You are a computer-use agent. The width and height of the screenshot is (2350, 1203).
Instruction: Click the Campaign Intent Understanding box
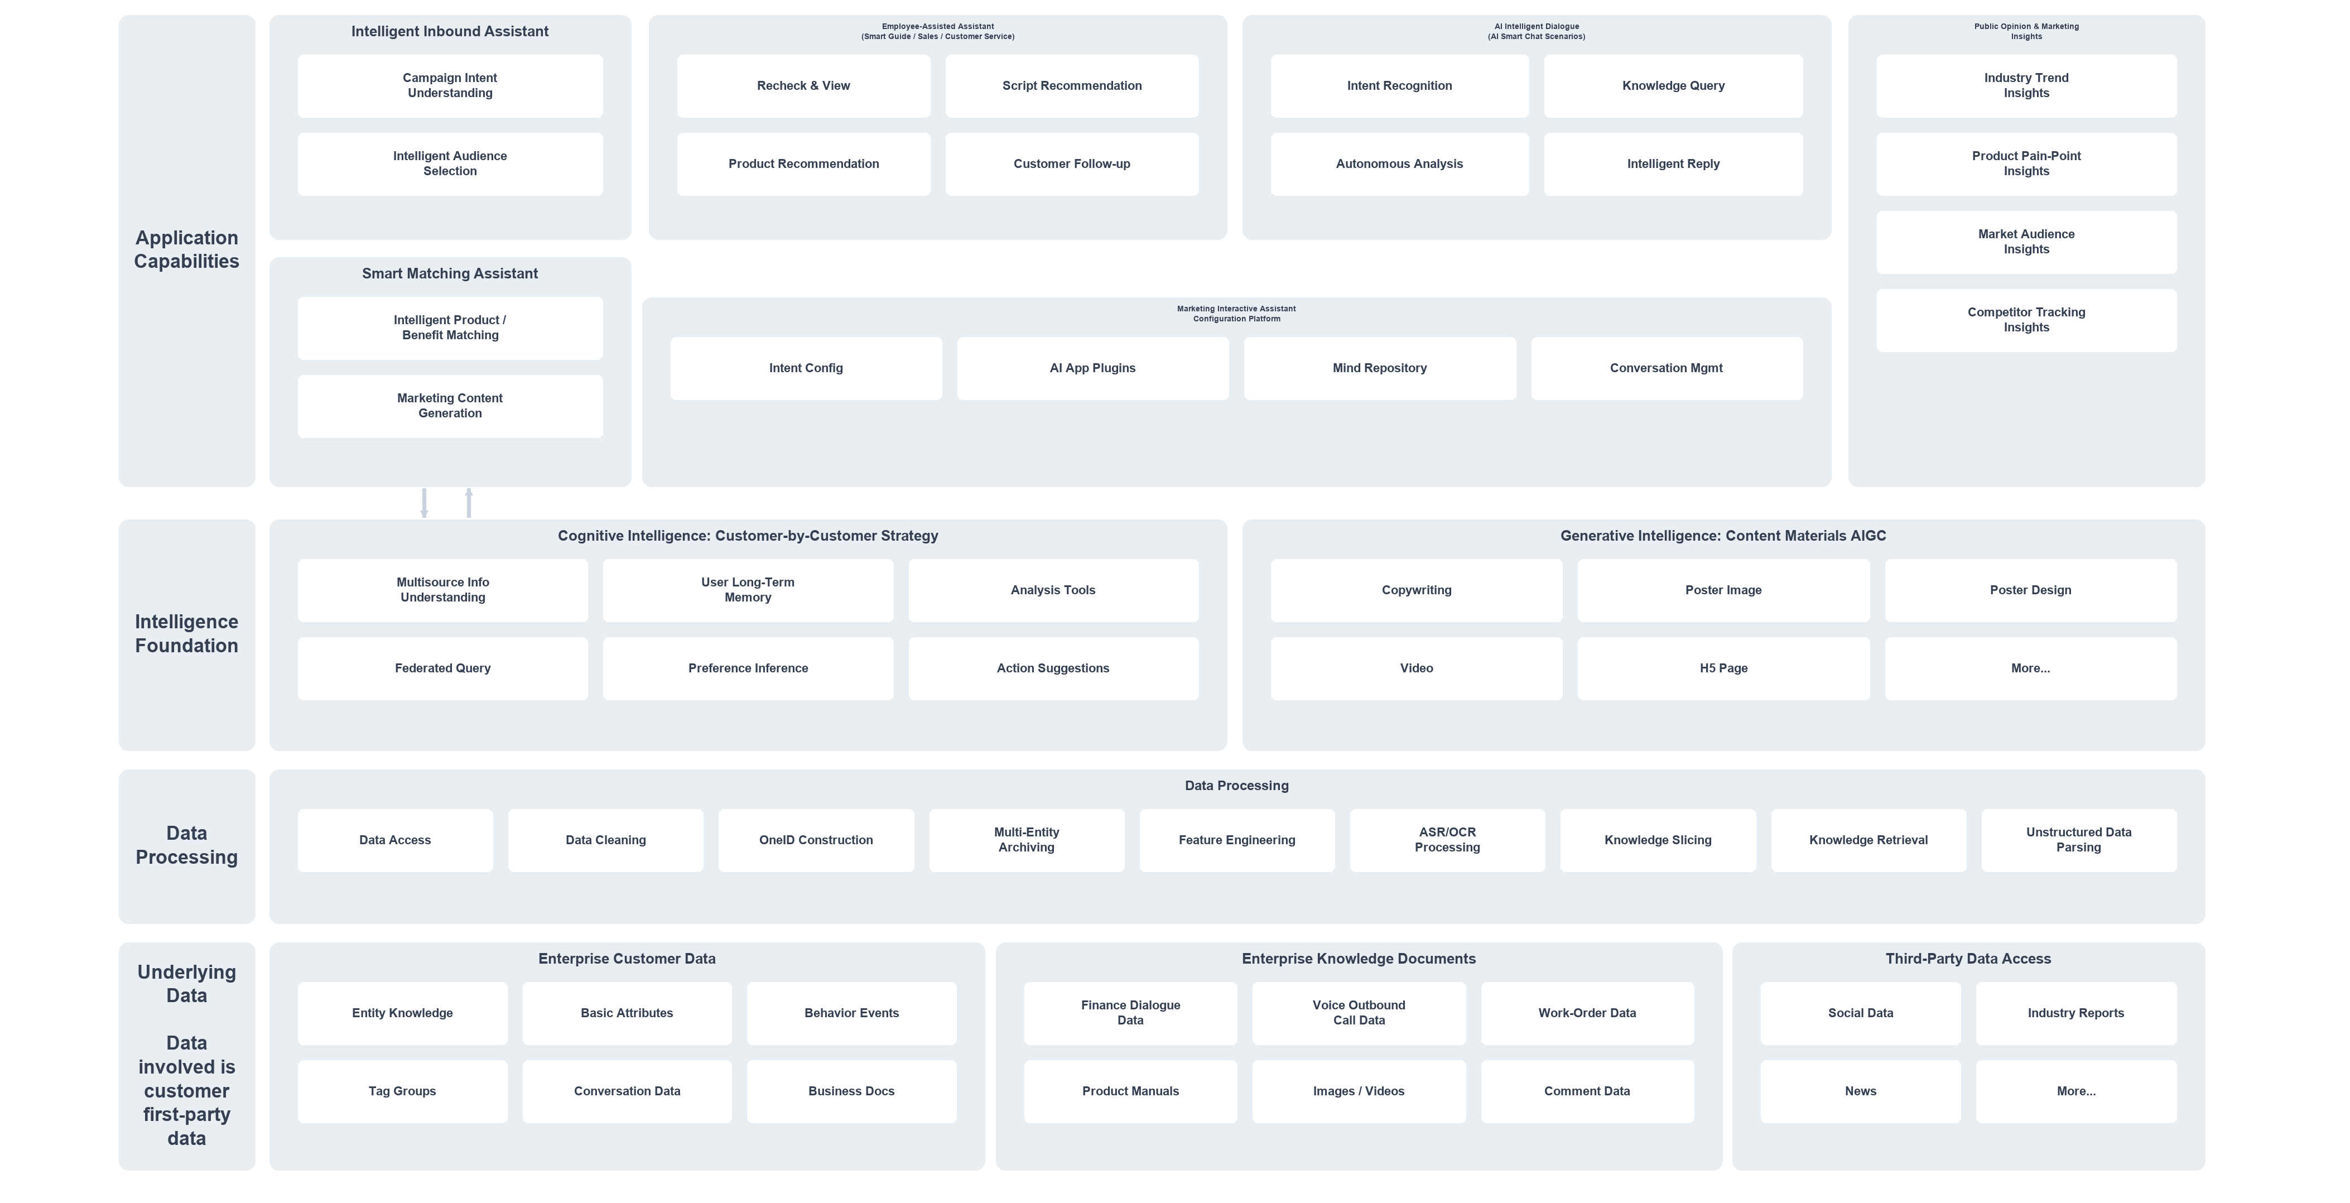pos(450,86)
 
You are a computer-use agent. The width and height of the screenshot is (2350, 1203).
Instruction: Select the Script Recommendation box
pos(1072,86)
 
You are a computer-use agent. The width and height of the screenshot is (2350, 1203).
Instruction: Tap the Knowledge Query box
pos(1673,86)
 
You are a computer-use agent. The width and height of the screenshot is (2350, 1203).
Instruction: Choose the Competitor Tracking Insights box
pos(2026,320)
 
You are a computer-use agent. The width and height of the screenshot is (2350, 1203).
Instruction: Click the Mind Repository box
pos(1379,368)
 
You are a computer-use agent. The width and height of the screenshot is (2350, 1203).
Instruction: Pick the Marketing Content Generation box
pos(450,406)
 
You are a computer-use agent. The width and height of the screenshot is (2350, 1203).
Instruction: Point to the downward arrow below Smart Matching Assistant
pos(424,503)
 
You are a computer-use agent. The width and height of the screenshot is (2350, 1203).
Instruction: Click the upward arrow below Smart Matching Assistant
pos(469,503)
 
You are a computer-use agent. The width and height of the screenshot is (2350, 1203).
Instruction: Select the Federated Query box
pos(442,668)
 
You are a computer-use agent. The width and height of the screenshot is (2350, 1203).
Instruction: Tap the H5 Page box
pos(1723,668)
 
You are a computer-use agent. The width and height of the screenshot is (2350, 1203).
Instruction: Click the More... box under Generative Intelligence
pos(2031,668)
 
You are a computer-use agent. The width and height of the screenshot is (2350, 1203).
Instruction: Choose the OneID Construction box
pos(816,840)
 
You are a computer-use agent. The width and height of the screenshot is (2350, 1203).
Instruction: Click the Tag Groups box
pos(402,1092)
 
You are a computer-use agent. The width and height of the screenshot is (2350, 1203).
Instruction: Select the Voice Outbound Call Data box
pos(1359,1013)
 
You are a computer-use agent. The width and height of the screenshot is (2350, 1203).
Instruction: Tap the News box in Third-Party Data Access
pos(1860,1092)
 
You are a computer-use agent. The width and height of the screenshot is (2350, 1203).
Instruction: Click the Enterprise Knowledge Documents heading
pos(1359,959)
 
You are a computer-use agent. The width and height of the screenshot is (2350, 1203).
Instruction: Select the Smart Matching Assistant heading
pos(450,273)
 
